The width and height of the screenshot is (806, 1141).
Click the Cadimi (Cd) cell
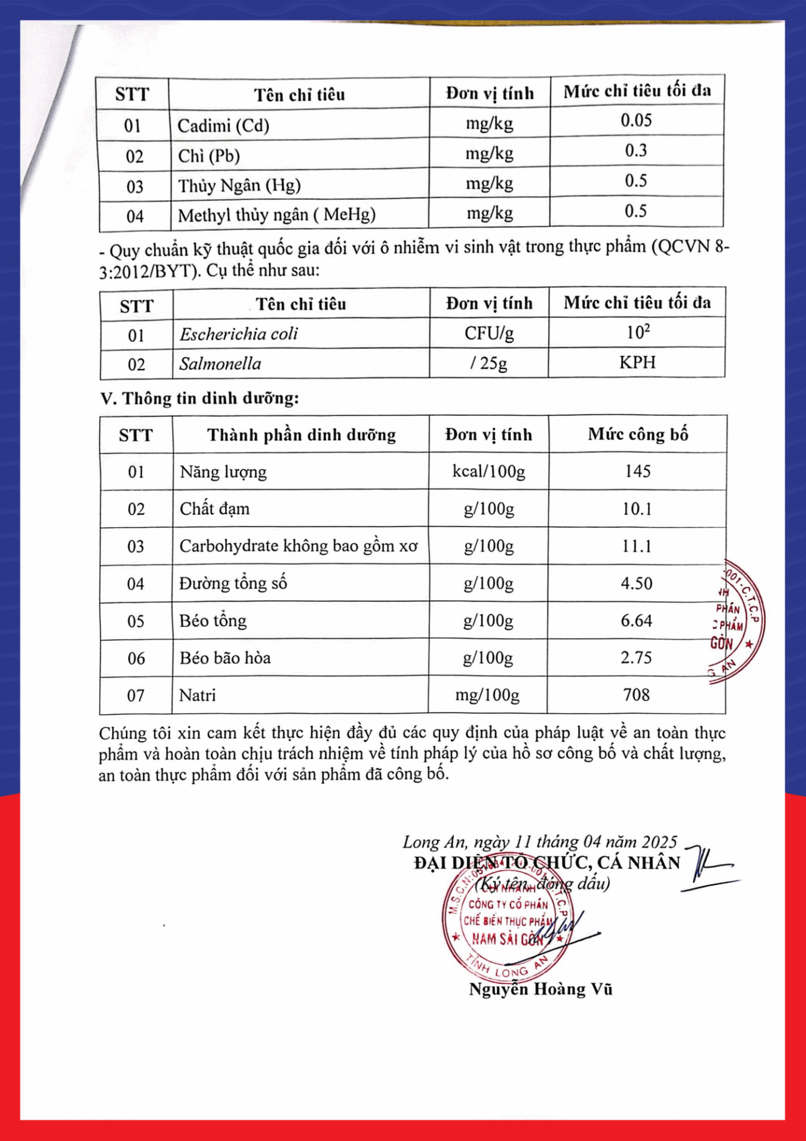coord(223,126)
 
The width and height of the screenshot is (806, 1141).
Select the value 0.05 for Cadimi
coord(636,121)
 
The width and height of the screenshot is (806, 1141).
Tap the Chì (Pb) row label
coord(208,156)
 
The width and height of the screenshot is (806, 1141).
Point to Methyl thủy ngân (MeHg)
coord(276,215)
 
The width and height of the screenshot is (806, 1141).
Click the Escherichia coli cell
coord(239,334)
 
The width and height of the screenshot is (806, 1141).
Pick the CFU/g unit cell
coord(489,333)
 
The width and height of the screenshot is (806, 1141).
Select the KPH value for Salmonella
coord(637,363)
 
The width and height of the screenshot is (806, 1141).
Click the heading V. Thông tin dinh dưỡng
coord(200,398)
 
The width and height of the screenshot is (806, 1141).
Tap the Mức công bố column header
coord(637,434)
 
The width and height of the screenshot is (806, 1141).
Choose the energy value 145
coord(637,471)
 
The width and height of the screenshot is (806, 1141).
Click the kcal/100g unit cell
coord(488,472)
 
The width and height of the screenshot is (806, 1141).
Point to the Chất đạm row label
coord(214,509)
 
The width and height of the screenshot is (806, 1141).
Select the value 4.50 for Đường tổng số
coord(636,584)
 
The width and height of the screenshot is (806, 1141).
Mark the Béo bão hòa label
coord(225,658)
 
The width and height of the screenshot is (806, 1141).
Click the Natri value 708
coord(636,695)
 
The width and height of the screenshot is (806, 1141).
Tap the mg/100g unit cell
coord(487,695)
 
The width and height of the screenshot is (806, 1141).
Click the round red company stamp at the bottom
coord(507,921)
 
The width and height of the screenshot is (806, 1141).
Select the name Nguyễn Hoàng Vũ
coord(541,989)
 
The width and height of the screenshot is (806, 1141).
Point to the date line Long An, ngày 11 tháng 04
coord(539,841)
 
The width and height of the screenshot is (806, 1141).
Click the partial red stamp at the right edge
coord(737,621)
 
